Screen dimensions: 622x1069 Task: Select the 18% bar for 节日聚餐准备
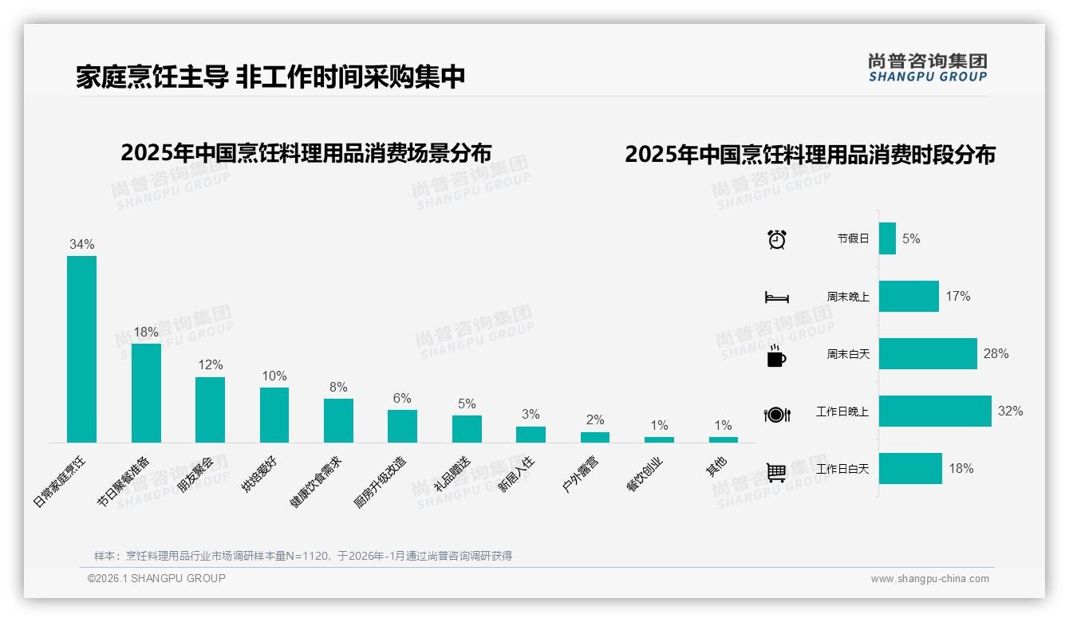[146, 393]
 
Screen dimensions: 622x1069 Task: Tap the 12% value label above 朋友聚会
[211, 364]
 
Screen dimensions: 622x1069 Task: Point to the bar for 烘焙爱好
[274, 415]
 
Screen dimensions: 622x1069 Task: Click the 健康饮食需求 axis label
[316, 482]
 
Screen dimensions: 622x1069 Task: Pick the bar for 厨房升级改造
[402, 426]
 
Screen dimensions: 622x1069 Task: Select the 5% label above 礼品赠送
[467, 404]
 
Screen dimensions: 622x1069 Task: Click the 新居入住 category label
[516, 474]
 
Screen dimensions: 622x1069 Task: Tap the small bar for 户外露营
[594, 437]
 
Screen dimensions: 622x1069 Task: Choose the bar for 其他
[724, 439]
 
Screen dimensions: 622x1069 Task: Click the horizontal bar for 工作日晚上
[935, 411]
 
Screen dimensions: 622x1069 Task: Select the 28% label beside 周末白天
[996, 353]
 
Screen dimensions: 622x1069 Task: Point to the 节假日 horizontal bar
[887, 238]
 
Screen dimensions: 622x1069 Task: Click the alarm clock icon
[777, 239]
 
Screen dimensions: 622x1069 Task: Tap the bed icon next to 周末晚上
[777, 297]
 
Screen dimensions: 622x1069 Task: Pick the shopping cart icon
[776, 472]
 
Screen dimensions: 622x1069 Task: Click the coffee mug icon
[776, 356]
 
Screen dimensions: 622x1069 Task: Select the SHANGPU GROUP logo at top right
[927, 68]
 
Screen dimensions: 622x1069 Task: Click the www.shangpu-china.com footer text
[929, 579]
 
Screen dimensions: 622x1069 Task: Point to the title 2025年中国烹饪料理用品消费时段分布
[810, 154]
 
